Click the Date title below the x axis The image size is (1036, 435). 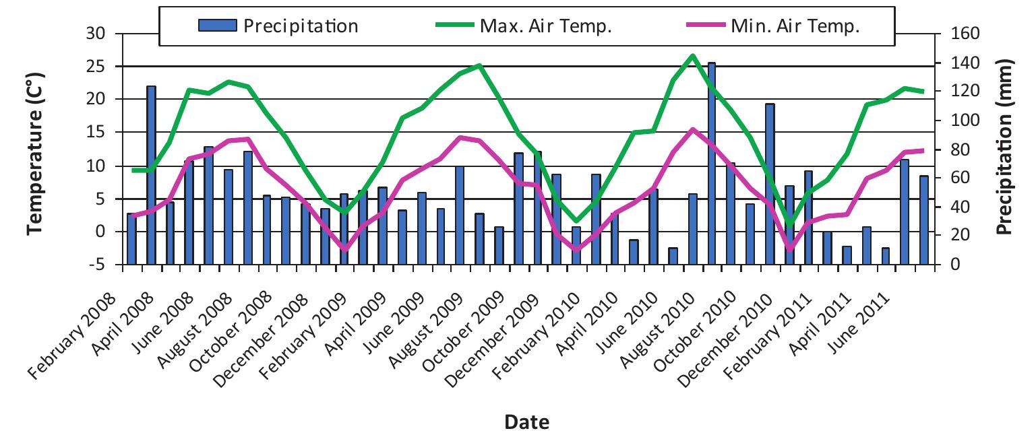pyautogui.click(x=526, y=422)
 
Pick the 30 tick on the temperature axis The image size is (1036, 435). pyautogui.click(x=100, y=34)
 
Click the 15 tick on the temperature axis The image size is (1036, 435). pyautogui.click(x=100, y=133)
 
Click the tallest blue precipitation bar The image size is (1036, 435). pyautogui.click(x=711, y=162)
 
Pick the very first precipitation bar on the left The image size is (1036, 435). pyautogui.click(x=131, y=239)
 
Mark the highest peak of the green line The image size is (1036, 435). pyautogui.click(x=692, y=56)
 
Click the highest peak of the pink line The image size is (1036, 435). pyautogui.click(x=692, y=129)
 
